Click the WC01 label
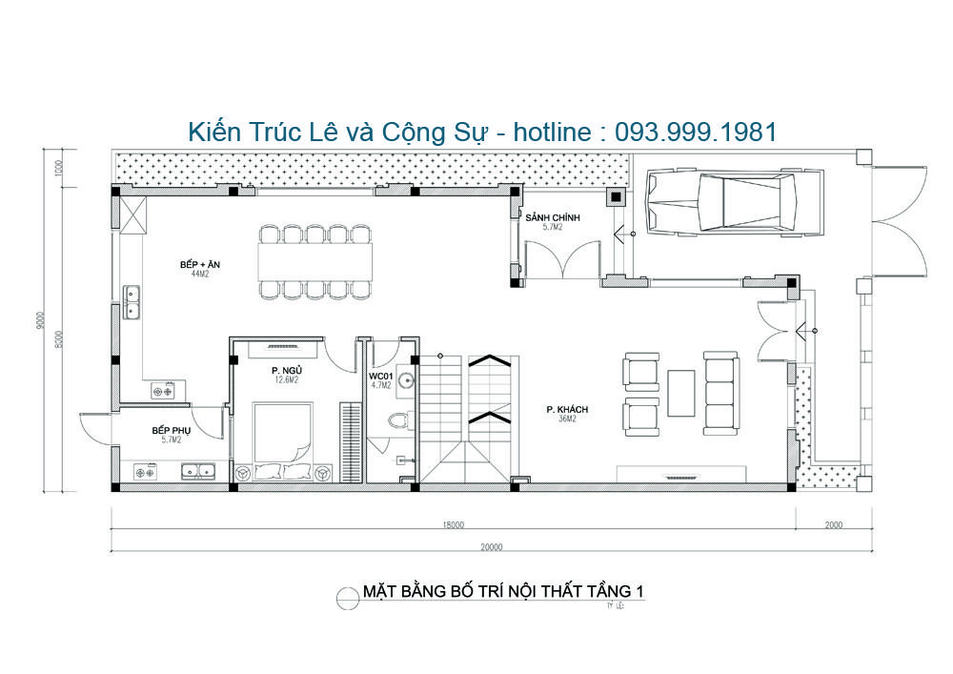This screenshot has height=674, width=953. pos(381,376)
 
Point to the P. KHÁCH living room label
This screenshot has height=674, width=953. pos(567,409)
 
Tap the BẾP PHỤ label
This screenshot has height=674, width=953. pos(172,430)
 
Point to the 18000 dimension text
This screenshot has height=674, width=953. pos(453,524)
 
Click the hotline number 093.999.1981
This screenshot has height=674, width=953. pos(696,132)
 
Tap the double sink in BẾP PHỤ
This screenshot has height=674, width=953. pos(198,469)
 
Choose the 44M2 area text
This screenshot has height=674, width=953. pos(199,274)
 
